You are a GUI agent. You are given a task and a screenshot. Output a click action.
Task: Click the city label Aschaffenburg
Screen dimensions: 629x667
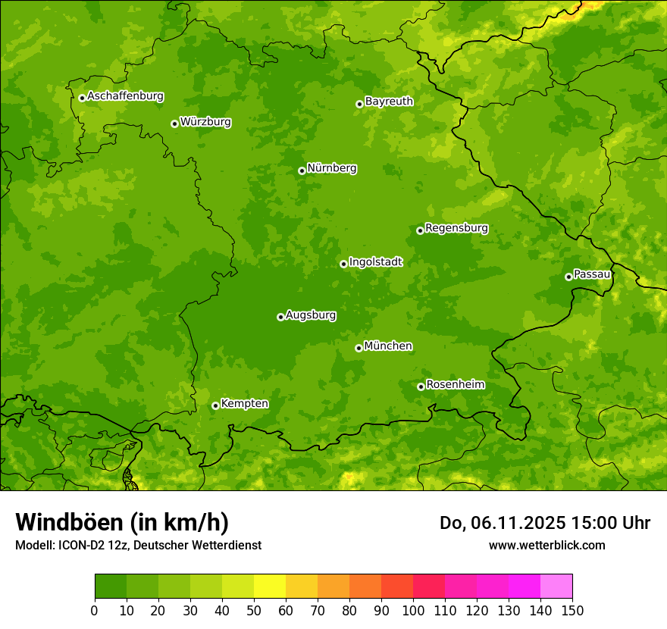tap(125, 96)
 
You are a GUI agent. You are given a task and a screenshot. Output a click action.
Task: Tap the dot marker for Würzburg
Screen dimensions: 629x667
tap(174, 124)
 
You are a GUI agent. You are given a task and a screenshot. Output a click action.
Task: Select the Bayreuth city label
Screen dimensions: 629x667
tap(389, 101)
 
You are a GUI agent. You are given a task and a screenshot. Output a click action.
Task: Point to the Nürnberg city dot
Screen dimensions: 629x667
tap(302, 171)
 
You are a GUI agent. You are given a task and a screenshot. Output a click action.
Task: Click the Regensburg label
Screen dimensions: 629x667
tap(456, 227)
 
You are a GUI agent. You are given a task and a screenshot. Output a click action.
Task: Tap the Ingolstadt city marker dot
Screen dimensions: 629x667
tap(343, 264)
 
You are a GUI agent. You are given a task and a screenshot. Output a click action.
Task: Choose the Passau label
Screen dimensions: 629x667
tap(591, 274)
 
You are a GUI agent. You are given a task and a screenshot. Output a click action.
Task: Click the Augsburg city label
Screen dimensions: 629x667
tap(311, 314)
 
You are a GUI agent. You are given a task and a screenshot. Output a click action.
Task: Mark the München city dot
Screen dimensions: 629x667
tap(359, 348)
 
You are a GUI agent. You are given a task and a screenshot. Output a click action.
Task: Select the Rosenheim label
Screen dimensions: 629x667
tap(455, 384)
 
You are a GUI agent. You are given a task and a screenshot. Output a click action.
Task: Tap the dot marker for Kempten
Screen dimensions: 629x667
tap(215, 405)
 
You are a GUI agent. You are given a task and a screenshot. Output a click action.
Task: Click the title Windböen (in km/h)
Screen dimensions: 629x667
tap(122, 522)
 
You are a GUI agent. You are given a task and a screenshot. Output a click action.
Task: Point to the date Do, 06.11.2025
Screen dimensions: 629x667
tap(501, 523)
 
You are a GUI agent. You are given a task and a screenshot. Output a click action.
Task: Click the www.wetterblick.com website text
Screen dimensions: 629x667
tap(546, 545)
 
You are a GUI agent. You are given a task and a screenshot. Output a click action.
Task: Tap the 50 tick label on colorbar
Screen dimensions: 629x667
tap(254, 611)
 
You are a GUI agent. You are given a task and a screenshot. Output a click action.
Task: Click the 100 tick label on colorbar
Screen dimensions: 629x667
tap(413, 611)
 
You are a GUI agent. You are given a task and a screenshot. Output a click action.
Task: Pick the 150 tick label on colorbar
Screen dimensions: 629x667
tap(572, 611)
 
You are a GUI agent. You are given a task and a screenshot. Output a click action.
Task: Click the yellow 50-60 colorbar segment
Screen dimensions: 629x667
tap(270, 587)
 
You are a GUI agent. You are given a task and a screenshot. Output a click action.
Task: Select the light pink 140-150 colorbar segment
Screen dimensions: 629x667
tap(556, 587)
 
